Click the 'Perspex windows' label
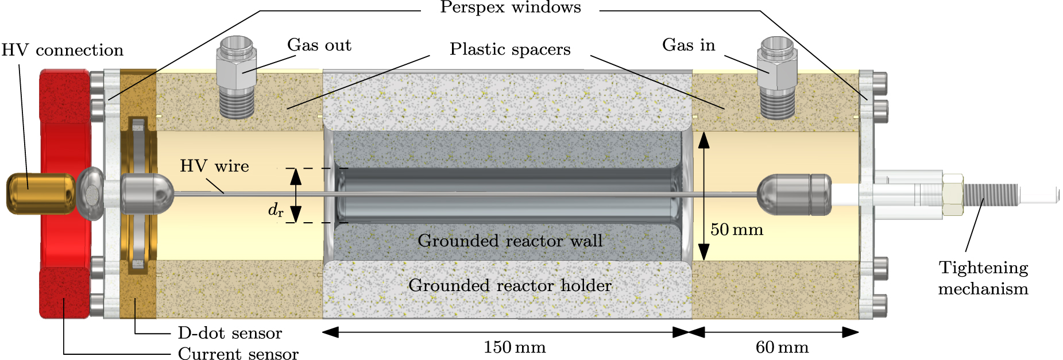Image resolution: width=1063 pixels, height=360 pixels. pos(510,8)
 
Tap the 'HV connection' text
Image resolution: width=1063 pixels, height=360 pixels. pos(62,51)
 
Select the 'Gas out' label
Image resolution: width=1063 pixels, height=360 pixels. pos(319,45)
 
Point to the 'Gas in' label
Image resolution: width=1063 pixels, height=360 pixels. pos(688,45)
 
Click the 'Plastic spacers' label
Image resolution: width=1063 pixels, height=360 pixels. pos(510,49)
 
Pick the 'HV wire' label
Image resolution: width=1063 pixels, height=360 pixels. pos(214,167)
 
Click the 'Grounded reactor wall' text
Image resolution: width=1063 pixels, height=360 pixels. pos(510,241)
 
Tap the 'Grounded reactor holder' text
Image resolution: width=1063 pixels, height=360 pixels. pos(510,285)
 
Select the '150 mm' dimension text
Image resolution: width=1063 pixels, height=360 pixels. pos(514,347)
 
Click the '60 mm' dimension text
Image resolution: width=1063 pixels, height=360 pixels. pos(782,347)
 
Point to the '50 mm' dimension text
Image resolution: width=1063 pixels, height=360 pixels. pos(736,230)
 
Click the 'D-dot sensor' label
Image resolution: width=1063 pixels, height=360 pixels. pos(230,333)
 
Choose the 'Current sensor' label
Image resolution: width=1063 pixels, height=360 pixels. pos(238,354)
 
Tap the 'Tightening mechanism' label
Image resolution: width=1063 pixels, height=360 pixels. pos(983,278)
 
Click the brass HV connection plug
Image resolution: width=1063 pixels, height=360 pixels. pos(40,193)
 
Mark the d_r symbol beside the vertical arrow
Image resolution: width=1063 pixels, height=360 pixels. pos(276,210)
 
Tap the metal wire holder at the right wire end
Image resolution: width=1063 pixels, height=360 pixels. pos(794,195)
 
